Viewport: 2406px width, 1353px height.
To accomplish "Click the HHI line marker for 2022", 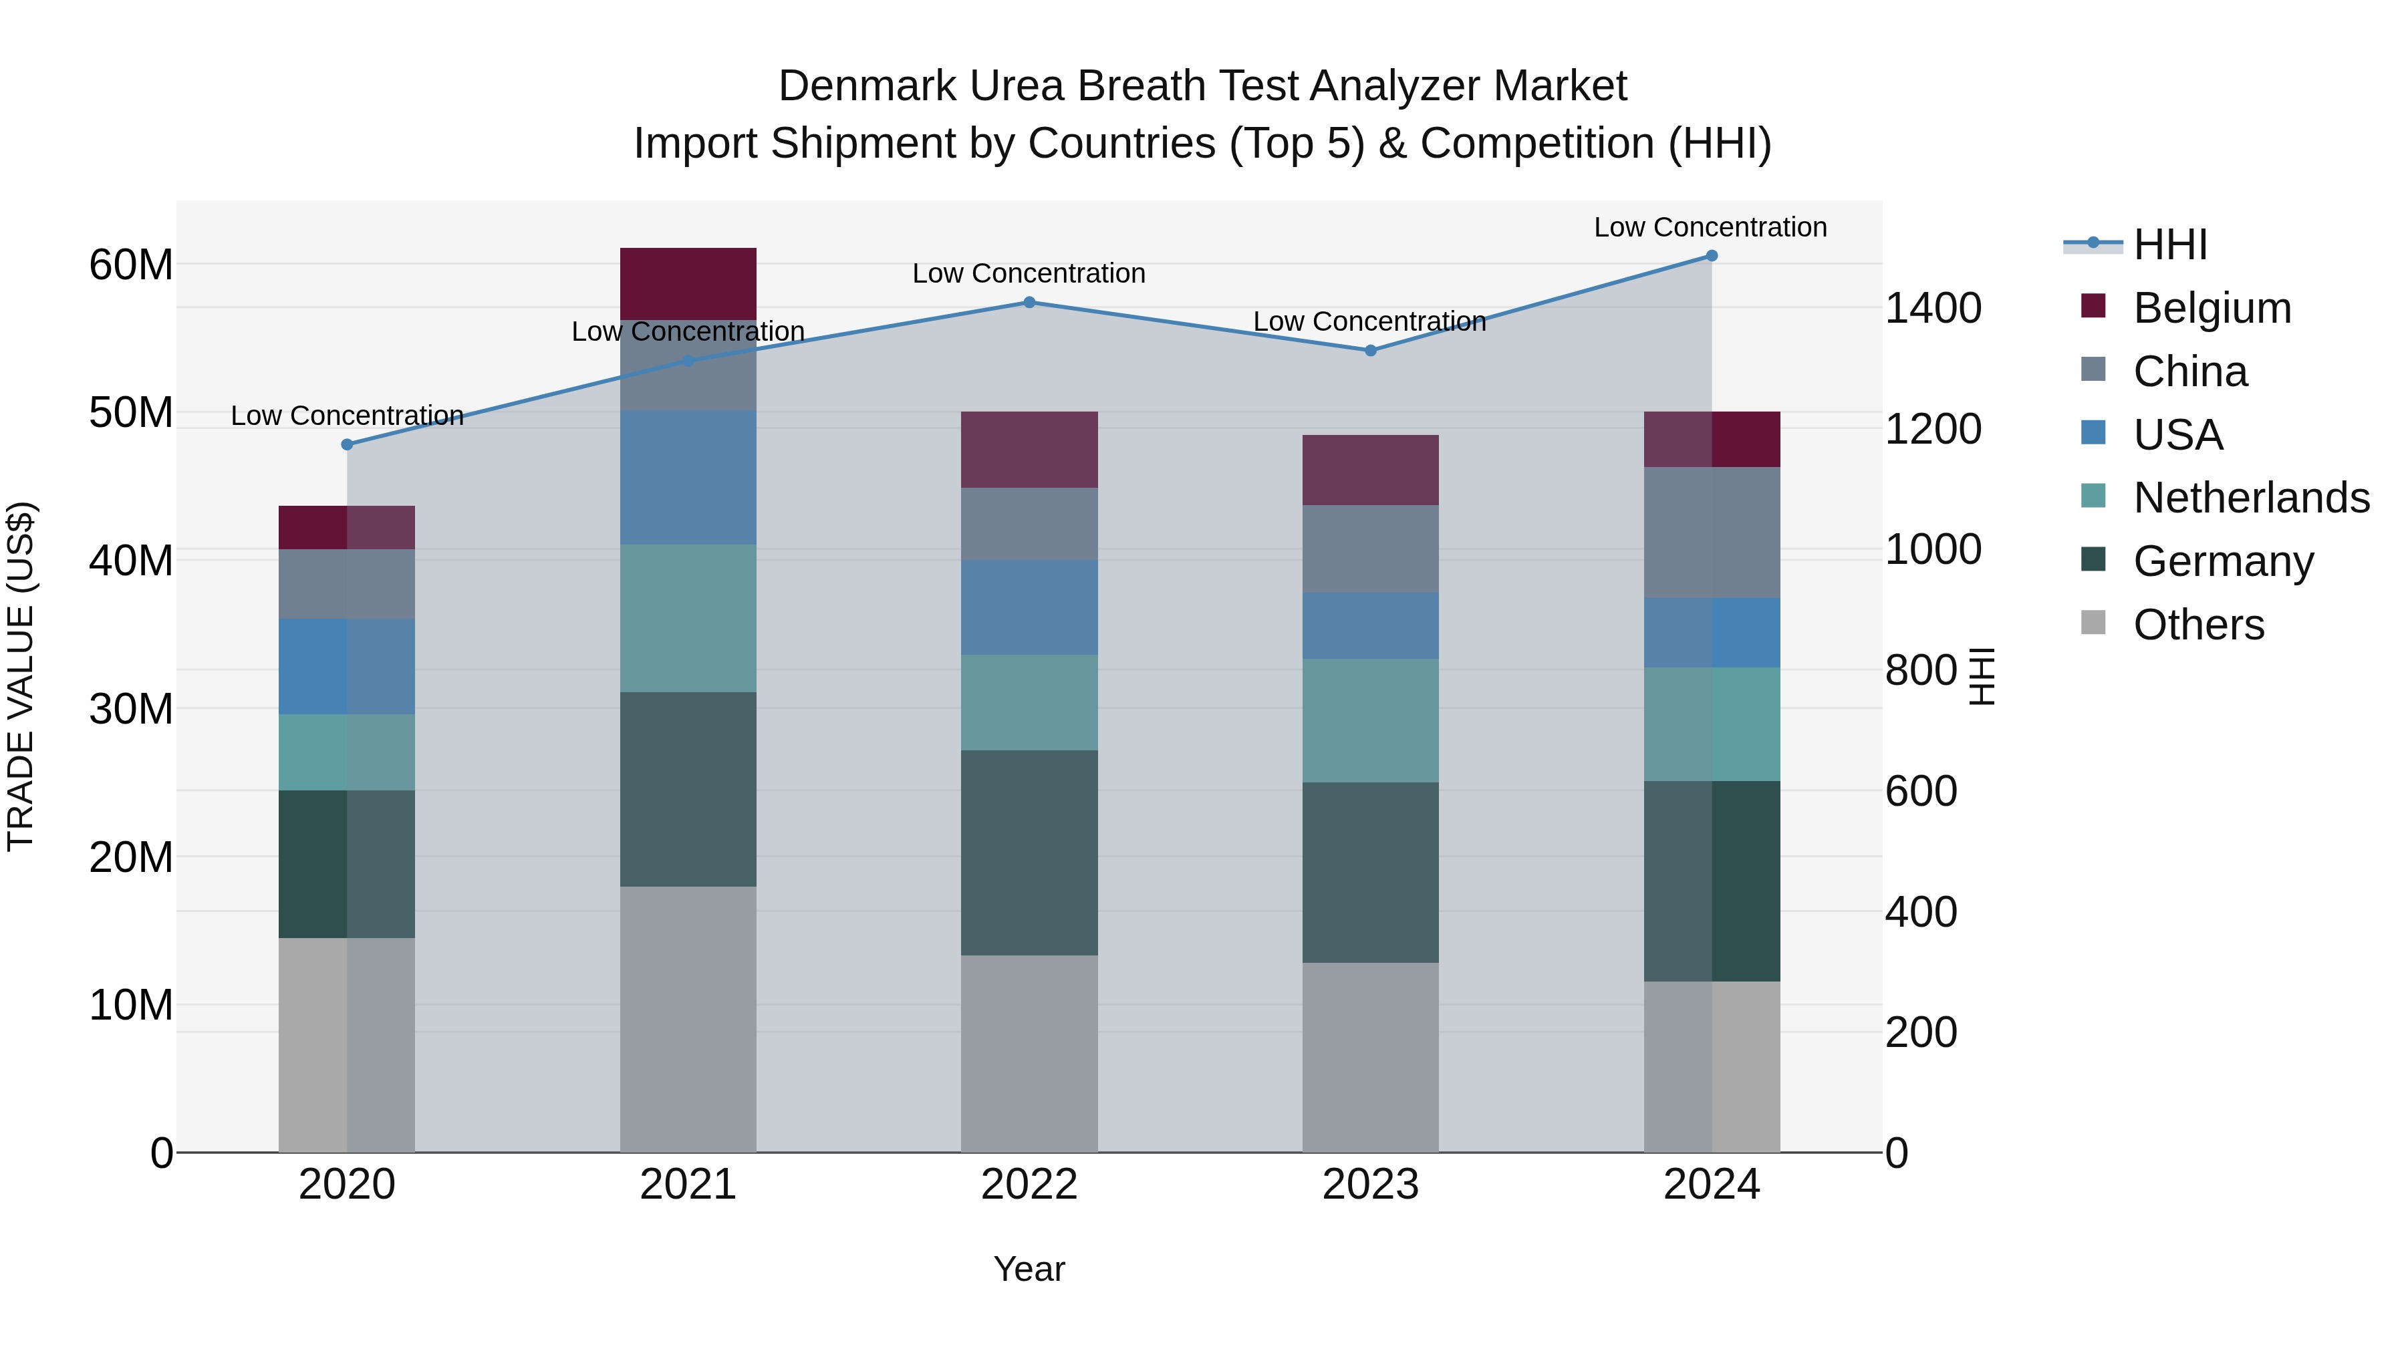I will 1029,303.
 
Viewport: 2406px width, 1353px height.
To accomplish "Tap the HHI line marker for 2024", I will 1711,256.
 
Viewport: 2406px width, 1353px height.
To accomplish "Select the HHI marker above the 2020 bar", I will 348,444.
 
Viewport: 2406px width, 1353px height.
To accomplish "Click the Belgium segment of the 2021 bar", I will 688,284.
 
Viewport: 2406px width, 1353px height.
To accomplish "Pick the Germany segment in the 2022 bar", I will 1029,853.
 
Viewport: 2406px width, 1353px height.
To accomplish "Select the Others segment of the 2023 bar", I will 1370,1057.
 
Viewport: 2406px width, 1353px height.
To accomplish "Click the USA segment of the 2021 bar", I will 688,477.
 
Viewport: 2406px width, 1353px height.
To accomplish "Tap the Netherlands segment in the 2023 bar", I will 1370,721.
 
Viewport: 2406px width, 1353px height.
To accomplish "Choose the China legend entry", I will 2189,371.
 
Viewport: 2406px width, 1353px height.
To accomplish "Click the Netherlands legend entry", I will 2251,498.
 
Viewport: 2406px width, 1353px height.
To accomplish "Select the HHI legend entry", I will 2169,245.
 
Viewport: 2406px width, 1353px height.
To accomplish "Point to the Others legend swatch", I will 2094,623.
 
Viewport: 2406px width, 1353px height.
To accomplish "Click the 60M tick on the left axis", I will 131,265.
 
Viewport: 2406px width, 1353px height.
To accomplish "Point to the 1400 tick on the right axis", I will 1932,308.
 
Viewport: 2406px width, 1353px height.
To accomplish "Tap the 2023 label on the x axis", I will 1370,1185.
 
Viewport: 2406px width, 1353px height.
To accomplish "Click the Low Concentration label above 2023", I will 1369,321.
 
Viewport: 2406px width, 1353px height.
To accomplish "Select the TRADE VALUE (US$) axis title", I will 21,676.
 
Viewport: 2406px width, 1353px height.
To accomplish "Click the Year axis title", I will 1029,1269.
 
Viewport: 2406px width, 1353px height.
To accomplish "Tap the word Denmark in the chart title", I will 867,86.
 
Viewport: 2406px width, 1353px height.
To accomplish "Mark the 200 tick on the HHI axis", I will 1920,1033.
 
